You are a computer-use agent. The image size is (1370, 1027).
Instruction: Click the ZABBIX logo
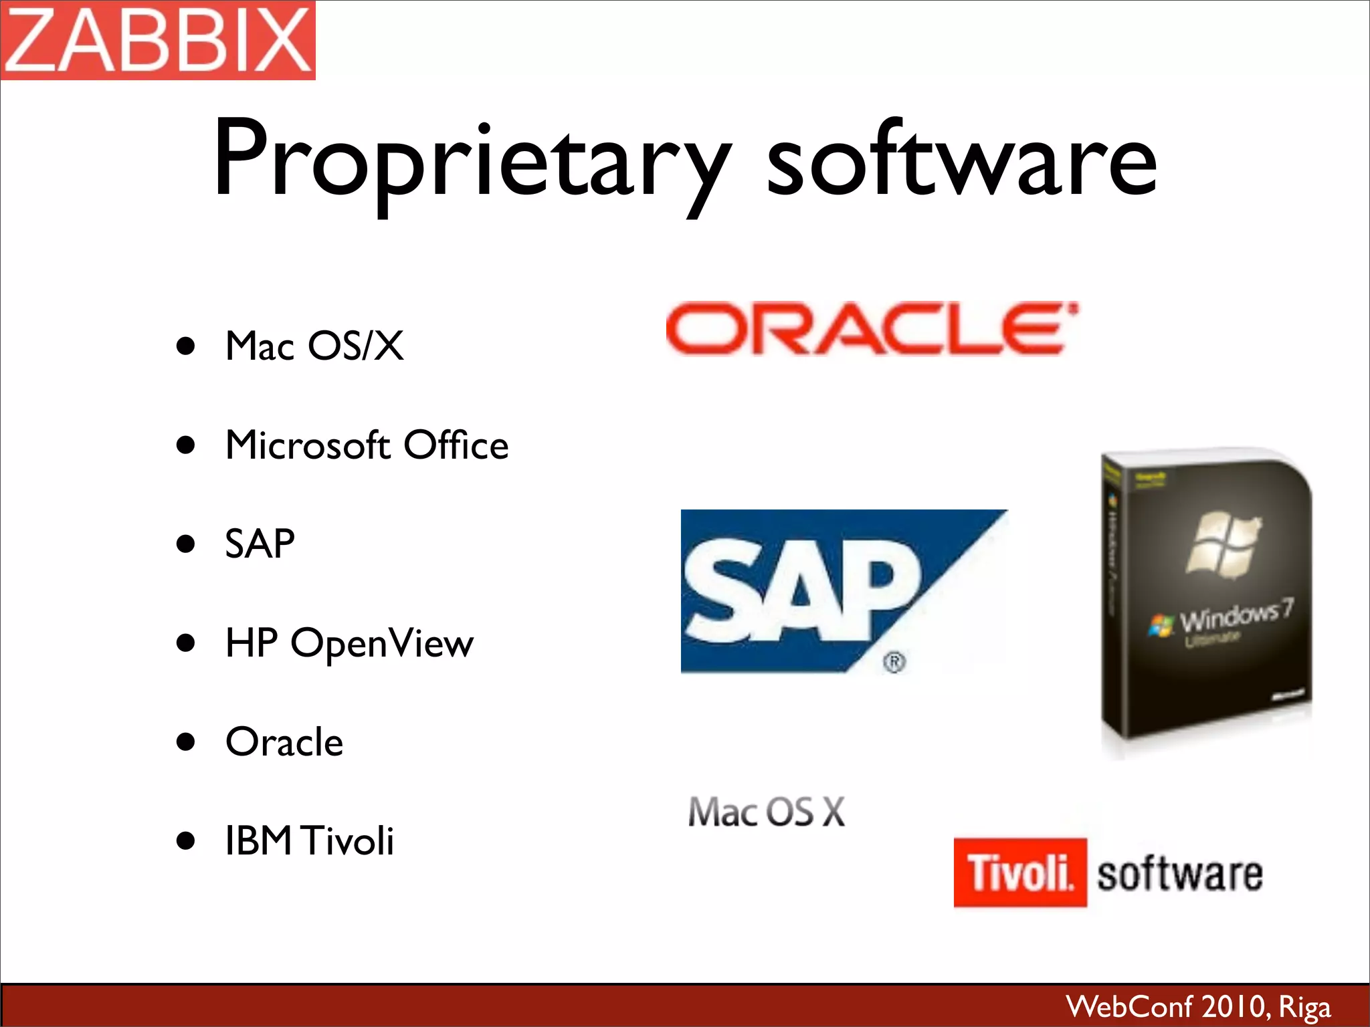158,40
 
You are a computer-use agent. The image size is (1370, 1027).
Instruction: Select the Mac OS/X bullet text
314,346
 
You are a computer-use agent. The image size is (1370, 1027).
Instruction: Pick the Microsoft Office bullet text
367,445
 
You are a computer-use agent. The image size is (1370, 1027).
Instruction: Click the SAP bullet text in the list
260,544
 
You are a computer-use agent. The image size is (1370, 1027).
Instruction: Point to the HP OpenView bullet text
349,643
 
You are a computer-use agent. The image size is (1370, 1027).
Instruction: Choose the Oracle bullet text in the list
284,742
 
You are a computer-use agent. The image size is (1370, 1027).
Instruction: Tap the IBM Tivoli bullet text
309,841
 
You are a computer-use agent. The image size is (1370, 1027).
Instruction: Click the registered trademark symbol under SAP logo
894,662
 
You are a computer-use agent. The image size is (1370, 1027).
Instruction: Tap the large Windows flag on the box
1224,543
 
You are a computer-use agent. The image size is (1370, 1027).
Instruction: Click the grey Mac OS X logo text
767,812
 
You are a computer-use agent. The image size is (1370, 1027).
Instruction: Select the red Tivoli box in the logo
1020,873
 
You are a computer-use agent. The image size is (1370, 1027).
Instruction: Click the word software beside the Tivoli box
1179,874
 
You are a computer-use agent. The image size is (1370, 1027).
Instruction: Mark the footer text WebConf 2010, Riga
1198,1006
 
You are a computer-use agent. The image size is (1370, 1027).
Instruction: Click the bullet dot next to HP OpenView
186,643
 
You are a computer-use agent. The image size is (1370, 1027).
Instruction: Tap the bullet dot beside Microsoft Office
186,445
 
